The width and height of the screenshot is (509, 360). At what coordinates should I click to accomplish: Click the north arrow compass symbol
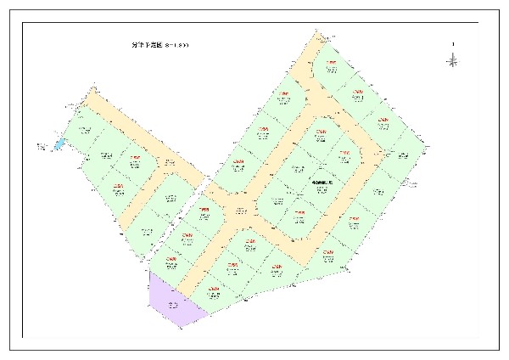click(x=454, y=59)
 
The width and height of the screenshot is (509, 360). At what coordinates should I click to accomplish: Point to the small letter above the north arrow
click(x=454, y=44)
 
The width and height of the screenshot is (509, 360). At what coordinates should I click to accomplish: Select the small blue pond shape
click(x=59, y=144)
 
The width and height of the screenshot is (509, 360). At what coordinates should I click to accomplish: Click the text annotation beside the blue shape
click(x=42, y=148)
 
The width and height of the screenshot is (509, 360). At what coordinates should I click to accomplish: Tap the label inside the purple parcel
click(x=173, y=304)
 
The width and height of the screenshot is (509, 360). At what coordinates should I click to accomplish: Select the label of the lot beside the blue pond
click(x=83, y=130)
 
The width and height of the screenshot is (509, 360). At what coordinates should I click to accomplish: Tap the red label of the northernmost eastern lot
click(x=333, y=63)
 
